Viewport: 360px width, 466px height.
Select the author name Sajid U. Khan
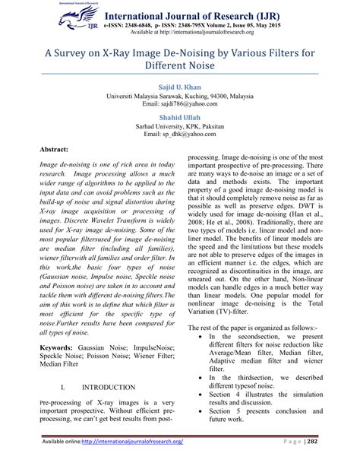click(180, 87)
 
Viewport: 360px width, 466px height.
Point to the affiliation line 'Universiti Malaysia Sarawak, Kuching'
click(180, 97)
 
